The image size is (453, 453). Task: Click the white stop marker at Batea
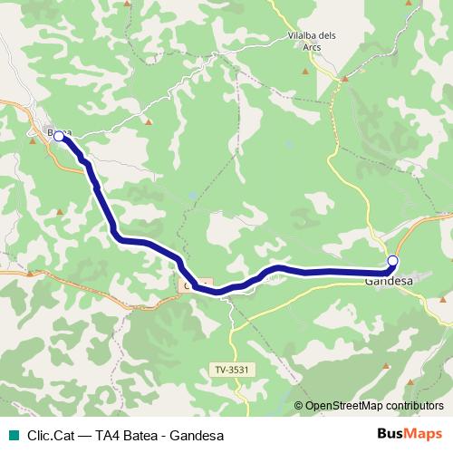point(59,136)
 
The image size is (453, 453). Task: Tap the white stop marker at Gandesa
point(392,261)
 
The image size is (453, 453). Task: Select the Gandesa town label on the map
point(389,281)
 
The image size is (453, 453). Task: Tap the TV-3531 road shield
point(232,369)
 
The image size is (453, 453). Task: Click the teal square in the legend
point(12,435)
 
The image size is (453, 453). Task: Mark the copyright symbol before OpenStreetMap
point(299,406)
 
